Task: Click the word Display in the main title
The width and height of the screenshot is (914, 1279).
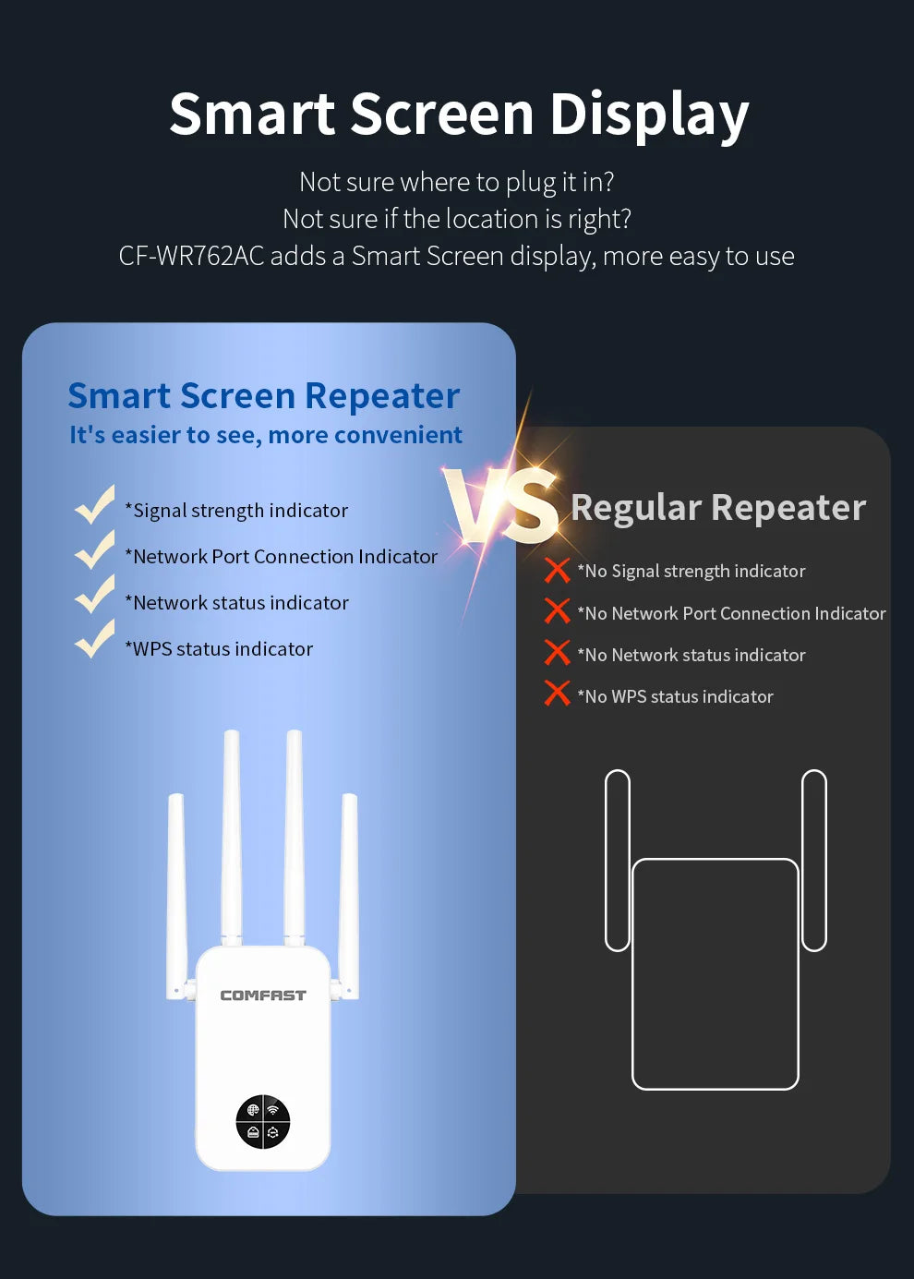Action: click(649, 115)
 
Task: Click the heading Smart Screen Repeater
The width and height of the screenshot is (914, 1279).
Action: click(264, 395)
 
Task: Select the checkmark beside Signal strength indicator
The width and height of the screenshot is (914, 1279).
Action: click(94, 505)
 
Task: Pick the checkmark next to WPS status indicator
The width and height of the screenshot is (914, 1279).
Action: click(94, 640)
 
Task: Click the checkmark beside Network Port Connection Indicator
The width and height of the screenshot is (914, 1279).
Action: click(94, 550)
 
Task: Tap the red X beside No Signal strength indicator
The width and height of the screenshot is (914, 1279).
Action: click(557, 571)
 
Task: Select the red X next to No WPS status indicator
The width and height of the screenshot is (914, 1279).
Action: click(557, 694)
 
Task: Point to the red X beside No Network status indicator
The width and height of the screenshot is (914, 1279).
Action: click(557, 653)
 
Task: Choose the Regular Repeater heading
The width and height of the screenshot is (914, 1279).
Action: click(718, 508)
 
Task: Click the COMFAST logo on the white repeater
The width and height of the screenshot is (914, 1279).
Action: click(263, 995)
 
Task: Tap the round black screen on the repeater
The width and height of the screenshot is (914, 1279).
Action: click(263, 1122)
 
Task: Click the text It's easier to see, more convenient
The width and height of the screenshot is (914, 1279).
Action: click(266, 435)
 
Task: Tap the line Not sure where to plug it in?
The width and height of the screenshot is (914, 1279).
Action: click(457, 182)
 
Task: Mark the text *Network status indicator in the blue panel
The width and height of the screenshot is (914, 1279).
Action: click(237, 603)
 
